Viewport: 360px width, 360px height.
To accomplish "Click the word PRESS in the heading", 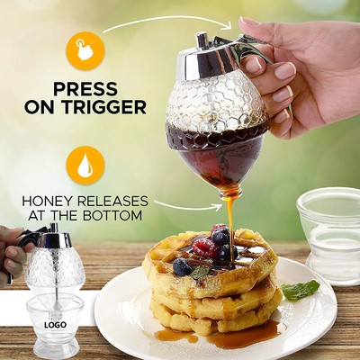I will point(85,89).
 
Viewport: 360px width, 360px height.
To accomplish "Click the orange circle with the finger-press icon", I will point(85,49).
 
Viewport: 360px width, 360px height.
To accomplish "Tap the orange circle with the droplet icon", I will point(85,164).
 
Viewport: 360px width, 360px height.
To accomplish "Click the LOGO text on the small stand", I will point(53,321).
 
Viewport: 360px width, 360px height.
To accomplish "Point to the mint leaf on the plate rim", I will point(301,290).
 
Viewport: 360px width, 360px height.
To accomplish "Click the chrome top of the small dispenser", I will point(52,238).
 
